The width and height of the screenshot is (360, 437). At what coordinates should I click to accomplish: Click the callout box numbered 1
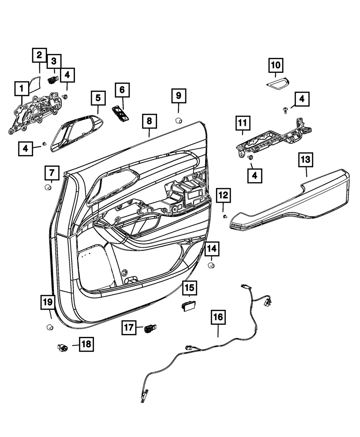point(22,89)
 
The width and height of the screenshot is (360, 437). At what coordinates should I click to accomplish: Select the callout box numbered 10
point(276,65)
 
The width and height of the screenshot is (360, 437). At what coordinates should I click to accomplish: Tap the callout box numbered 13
point(306,160)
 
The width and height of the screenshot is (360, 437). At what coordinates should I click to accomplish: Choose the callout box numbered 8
point(149,121)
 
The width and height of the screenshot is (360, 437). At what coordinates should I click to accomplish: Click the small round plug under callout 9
point(178,121)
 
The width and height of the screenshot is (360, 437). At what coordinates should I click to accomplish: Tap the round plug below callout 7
point(48,187)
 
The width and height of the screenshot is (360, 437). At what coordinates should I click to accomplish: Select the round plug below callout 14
point(211,266)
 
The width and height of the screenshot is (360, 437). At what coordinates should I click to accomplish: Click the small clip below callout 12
point(225,216)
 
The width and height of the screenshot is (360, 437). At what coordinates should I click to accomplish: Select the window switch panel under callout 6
point(121,113)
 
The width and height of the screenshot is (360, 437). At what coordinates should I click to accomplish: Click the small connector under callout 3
point(53,80)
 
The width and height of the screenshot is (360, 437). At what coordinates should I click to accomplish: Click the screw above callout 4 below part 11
point(250,157)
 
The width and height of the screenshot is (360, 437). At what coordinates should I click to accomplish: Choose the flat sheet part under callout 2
point(34,85)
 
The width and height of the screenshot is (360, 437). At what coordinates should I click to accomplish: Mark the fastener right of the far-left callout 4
point(44,144)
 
